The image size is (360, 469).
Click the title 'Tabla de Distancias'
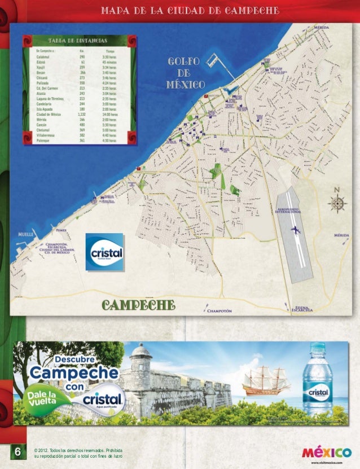click(78, 41)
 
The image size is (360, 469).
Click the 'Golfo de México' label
click(185, 73)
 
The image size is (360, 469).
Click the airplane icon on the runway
click(295, 230)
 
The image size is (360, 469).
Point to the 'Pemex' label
click(62, 230)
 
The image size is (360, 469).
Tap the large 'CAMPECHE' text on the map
click(138, 305)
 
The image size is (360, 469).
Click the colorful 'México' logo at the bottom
click(326, 453)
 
